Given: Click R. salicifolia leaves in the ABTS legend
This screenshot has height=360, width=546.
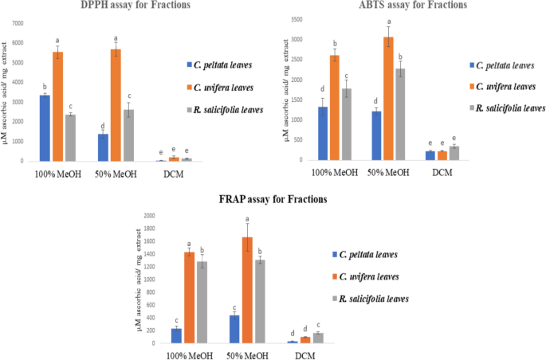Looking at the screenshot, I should tap(509, 106).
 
